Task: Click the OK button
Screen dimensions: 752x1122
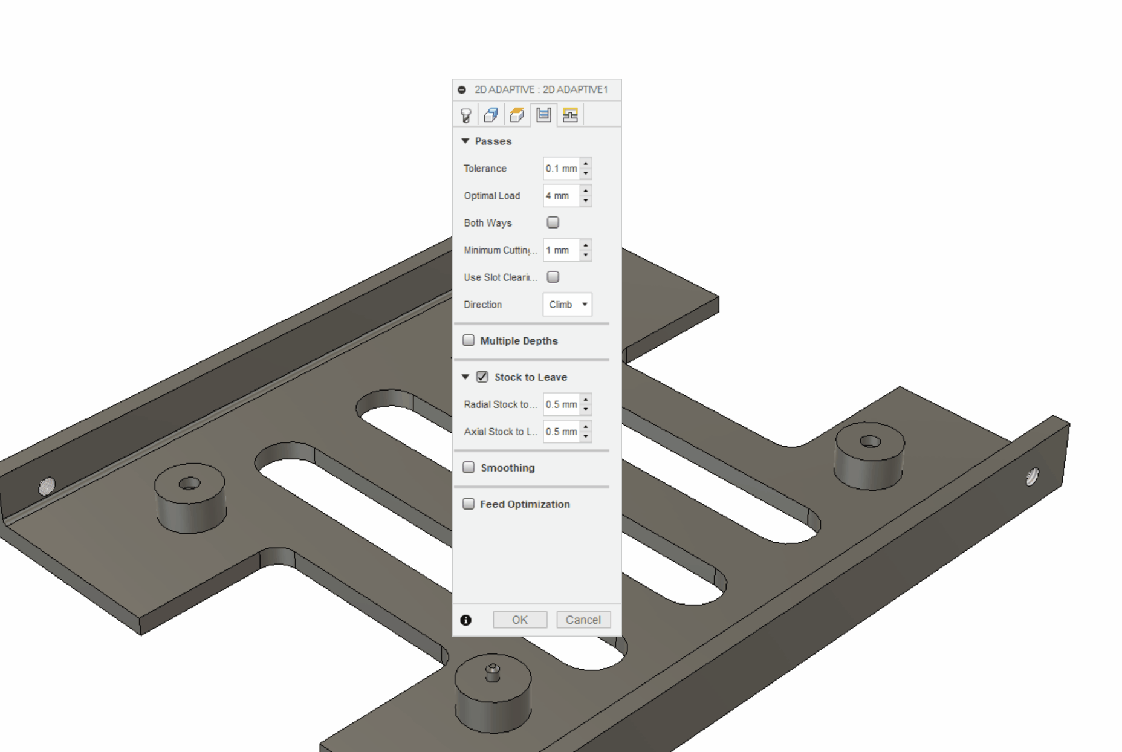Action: click(520, 620)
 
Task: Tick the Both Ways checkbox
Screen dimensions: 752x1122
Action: click(553, 222)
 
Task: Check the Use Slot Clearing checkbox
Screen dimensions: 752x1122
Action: click(553, 277)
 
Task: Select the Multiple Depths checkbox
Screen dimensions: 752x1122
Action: click(469, 340)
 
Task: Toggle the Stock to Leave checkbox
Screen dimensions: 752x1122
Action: click(482, 377)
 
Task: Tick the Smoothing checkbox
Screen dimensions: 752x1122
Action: click(469, 467)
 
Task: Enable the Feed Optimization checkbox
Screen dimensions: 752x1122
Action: click(469, 504)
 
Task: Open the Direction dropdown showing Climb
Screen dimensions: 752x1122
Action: click(567, 305)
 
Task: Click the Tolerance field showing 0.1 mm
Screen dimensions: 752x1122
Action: click(561, 169)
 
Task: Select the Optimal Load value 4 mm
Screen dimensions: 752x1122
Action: click(561, 196)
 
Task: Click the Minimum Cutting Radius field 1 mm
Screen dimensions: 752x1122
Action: click(561, 250)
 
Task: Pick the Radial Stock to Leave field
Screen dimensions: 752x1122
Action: click(561, 404)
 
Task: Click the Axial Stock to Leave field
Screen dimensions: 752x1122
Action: click(561, 432)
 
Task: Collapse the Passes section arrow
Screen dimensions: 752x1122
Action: click(465, 141)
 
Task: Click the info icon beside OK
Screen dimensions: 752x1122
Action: click(465, 620)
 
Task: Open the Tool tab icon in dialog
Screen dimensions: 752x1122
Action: click(466, 115)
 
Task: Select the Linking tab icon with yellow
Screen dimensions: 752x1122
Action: click(570, 115)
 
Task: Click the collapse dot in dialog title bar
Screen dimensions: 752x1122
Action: click(462, 90)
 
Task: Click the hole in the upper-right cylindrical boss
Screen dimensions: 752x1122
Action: click(870, 442)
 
